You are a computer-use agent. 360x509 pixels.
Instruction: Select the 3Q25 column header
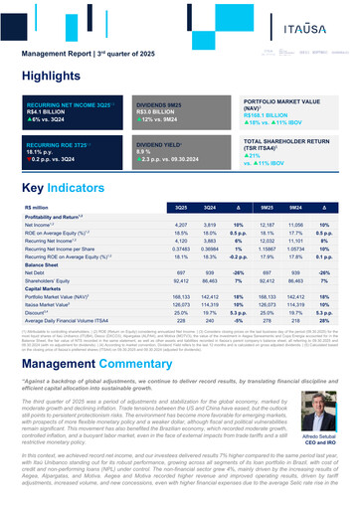coord(182,207)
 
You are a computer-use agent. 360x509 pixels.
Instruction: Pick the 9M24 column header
coord(296,207)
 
